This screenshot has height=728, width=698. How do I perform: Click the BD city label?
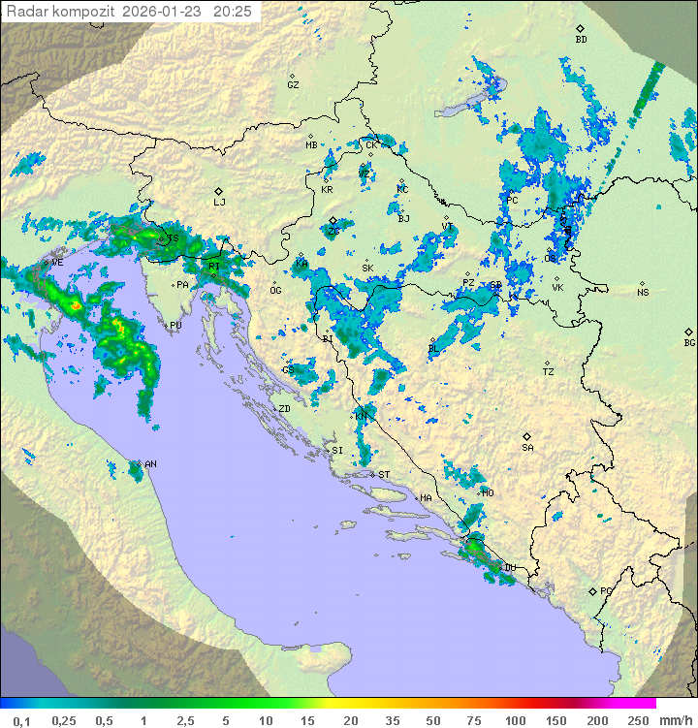tap(581, 40)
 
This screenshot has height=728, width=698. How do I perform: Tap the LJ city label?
tap(219, 203)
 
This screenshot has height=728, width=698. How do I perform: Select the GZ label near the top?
tap(293, 85)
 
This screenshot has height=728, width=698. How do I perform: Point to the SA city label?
tap(527, 448)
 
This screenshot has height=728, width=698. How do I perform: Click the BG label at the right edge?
tap(689, 343)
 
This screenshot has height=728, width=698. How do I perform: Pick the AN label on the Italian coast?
tap(150, 465)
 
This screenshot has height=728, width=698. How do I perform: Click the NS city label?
tap(643, 293)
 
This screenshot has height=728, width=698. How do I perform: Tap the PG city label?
tap(606, 591)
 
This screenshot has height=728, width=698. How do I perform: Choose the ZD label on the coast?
tap(284, 409)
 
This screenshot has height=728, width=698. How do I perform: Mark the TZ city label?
tap(548, 372)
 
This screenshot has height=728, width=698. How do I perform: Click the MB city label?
tap(311, 145)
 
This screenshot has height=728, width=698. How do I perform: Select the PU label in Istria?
tap(175, 327)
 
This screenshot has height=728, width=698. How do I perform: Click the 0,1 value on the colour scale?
tap(21, 720)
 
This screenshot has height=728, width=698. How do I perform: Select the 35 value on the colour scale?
tap(393, 720)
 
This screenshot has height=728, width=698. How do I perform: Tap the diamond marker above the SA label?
tap(527, 436)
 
